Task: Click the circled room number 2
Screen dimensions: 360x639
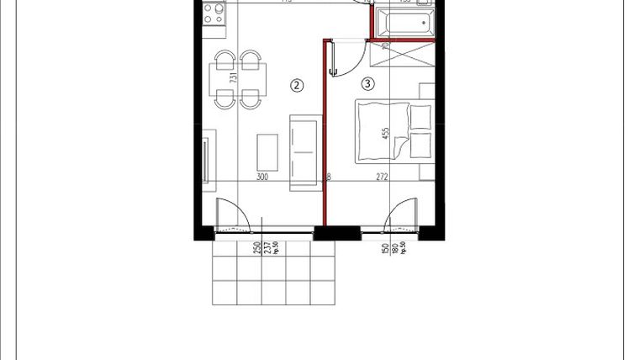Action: click(296, 84)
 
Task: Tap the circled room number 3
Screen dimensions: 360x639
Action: click(367, 83)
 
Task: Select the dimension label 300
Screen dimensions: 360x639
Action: click(261, 177)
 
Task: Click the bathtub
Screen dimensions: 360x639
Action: click(404, 20)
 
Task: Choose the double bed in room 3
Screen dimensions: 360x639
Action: click(393, 130)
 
